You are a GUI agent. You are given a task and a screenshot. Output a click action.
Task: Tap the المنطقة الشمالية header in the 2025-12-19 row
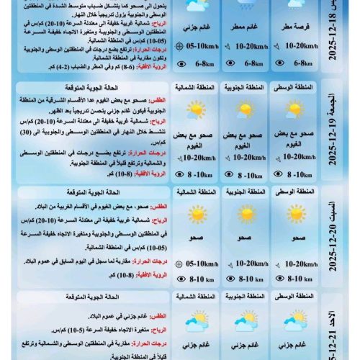click(x=195, y=89)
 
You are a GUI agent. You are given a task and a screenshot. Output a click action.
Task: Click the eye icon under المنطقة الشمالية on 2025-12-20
click(x=181, y=278)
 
